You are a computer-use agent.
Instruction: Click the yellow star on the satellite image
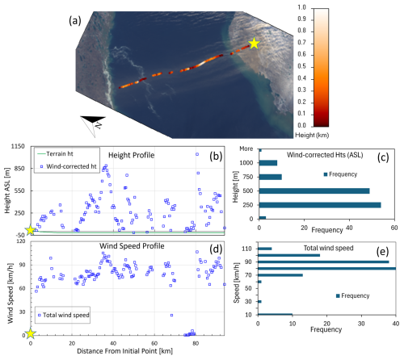pyautogui.click(x=254, y=44)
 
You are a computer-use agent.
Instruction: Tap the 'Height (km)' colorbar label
pyautogui.click(x=312, y=135)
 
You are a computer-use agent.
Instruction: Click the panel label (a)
pyautogui.click(x=75, y=20)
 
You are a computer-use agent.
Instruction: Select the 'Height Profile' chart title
pyautogui.click(x=132, y=155)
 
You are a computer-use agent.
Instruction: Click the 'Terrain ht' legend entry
pyautogui.click(x=55, y=154)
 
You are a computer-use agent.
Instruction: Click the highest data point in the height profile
pyautogui.click(x=197, y=154)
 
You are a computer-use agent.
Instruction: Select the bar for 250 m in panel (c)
pyautogui.click(x=320, y=205)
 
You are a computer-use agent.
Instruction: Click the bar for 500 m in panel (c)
pyautogui.click(x=314, y=190)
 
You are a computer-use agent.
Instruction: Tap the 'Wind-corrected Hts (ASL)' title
pyautogui.click(x=325, y=155)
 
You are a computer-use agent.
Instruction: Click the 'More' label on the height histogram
pyautogui.click(x=246, y=149)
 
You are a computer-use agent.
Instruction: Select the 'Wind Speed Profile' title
pyautogui.click(x=132, y=246)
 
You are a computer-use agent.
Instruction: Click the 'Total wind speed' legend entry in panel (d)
pyautogui.click(x=64, y=315)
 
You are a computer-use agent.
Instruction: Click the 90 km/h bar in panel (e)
pyautogui.click(x=323, y=262)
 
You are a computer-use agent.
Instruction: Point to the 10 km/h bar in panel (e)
pyautogui.click(x=275, y=314)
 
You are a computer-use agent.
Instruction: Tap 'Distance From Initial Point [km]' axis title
pyautogui.click(x=124, y=351)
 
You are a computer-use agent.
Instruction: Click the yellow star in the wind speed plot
pyautogui.click(x=30, y=333)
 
